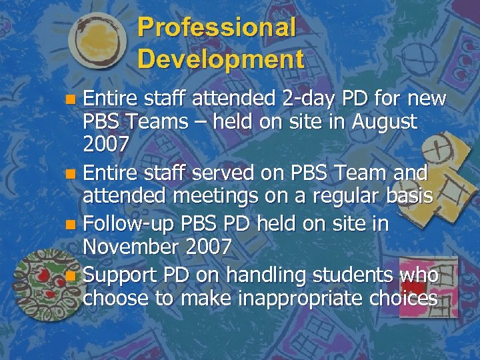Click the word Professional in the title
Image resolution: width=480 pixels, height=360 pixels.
coord(217,27)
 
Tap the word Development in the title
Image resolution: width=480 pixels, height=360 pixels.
coord(221,59)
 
